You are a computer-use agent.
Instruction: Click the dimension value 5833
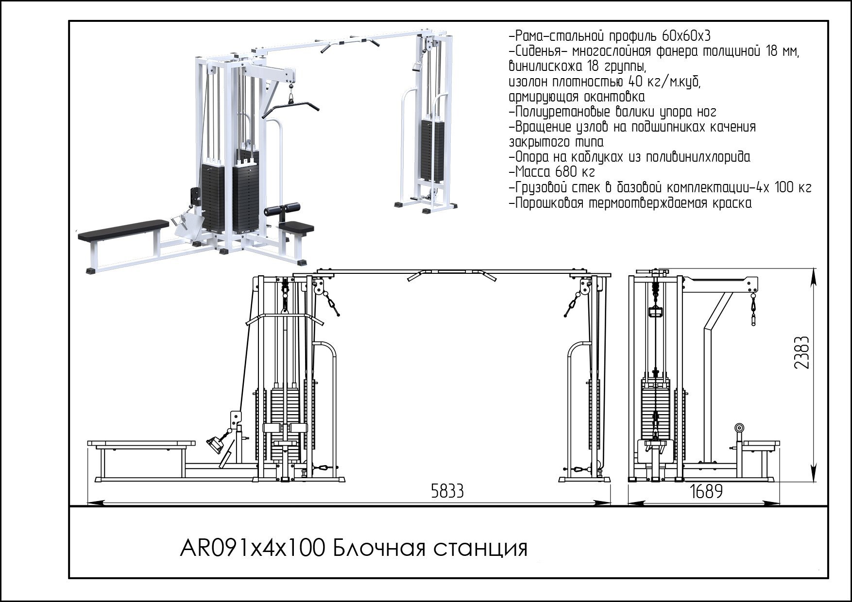[447, 491]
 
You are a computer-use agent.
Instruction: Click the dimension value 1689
[706, 491]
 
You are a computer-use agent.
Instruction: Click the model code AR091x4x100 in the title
[252, 549]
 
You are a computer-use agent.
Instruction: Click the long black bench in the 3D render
[123, 230]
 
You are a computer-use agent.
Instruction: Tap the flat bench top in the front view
[141, 444]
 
